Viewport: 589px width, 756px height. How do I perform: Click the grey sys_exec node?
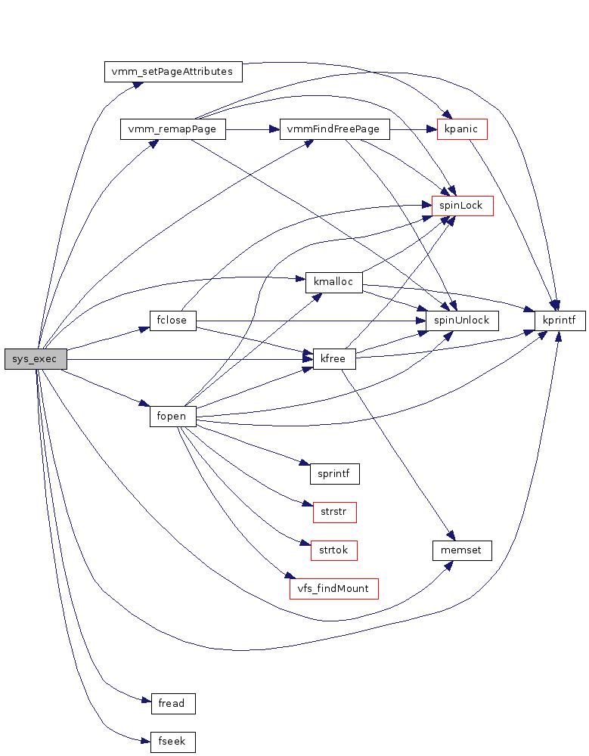(x=36, y=360)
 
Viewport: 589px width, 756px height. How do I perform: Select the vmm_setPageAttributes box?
(x=173, y=72)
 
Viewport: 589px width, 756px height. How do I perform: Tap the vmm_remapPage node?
(x=172, y=129)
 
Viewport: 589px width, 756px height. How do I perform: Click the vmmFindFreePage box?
(x=334, y=129)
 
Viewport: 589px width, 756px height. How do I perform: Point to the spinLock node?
(x=462, y=206)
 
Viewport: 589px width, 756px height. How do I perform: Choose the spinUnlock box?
(x=462, y=321)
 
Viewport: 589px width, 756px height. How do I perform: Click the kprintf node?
(x=560, y=321)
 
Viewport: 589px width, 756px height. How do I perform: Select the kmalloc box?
(x=333, y=283)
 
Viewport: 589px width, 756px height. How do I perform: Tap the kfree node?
(x=334, y=359)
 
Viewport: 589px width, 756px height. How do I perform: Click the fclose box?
(x=172, y=321)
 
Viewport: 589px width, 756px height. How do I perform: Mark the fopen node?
(x=172, y=417)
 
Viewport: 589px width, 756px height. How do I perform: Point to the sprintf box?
(x=334, y=474)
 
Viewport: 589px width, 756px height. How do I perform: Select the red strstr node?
(x=334, y=512)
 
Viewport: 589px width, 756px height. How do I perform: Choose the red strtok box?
(x=333, y=550)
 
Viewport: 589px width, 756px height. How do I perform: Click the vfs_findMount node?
(x=333, y=588)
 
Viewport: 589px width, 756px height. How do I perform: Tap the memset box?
(x=462, y=550)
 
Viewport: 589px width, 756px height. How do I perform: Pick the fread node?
(x=172, y=704)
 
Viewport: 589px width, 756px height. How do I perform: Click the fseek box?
(x=172, y=742)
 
